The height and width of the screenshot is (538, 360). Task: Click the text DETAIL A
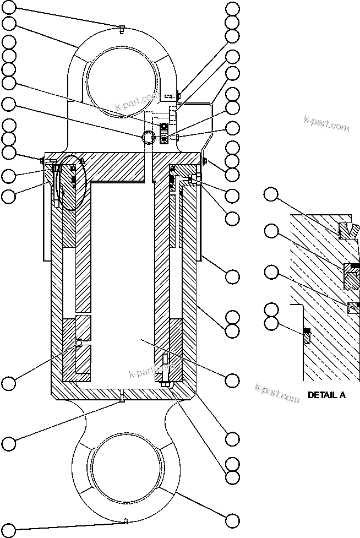326,395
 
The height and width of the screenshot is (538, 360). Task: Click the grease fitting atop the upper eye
119,29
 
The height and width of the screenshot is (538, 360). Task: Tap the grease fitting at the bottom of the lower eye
126,520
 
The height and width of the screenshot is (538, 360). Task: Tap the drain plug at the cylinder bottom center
121,395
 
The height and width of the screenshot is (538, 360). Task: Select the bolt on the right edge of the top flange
204,160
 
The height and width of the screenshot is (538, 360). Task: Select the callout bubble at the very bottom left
9,530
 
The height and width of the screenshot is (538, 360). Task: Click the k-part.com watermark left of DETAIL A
277,392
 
